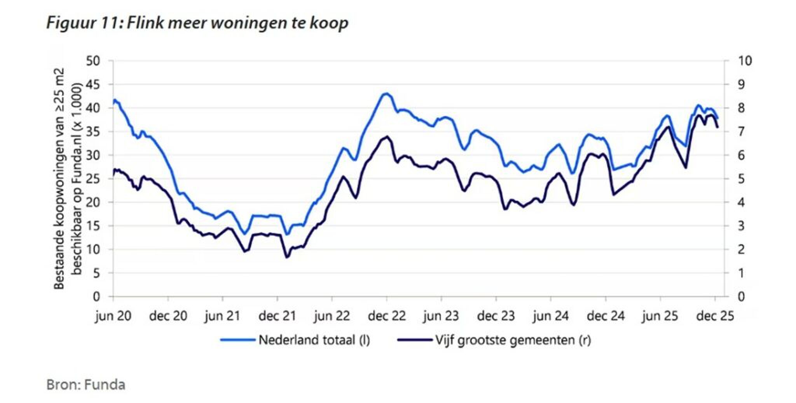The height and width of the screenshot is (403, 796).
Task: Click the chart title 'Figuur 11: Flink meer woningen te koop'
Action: click(x=197, y=23)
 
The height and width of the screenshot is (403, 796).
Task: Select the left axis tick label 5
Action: click(x=96, y=273)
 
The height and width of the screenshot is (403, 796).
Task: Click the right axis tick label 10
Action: click(x=744, y=61)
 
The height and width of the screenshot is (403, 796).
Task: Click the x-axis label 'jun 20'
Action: click(x=113, y=316)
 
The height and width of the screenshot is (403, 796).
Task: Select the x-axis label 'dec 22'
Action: click(x=387, y=316)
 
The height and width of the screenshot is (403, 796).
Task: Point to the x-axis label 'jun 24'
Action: click(x=551, y=316)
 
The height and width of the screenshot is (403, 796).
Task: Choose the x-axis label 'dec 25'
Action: click(x=715, y=316)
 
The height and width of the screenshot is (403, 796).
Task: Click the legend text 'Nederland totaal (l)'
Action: click(x=314, y=340)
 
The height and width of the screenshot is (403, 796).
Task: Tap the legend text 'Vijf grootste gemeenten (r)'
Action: click(x=513, y=340)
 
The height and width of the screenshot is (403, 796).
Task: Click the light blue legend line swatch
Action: click(x=237, y=340)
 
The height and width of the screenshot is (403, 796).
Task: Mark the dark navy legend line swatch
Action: click(x=415, y=340)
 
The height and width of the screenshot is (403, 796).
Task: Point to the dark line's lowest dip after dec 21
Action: click(x=287, y=257)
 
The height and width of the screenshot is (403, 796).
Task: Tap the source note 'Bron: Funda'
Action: click(x=86, y=385)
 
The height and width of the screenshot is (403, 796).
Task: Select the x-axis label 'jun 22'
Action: click(x=332, y=316)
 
